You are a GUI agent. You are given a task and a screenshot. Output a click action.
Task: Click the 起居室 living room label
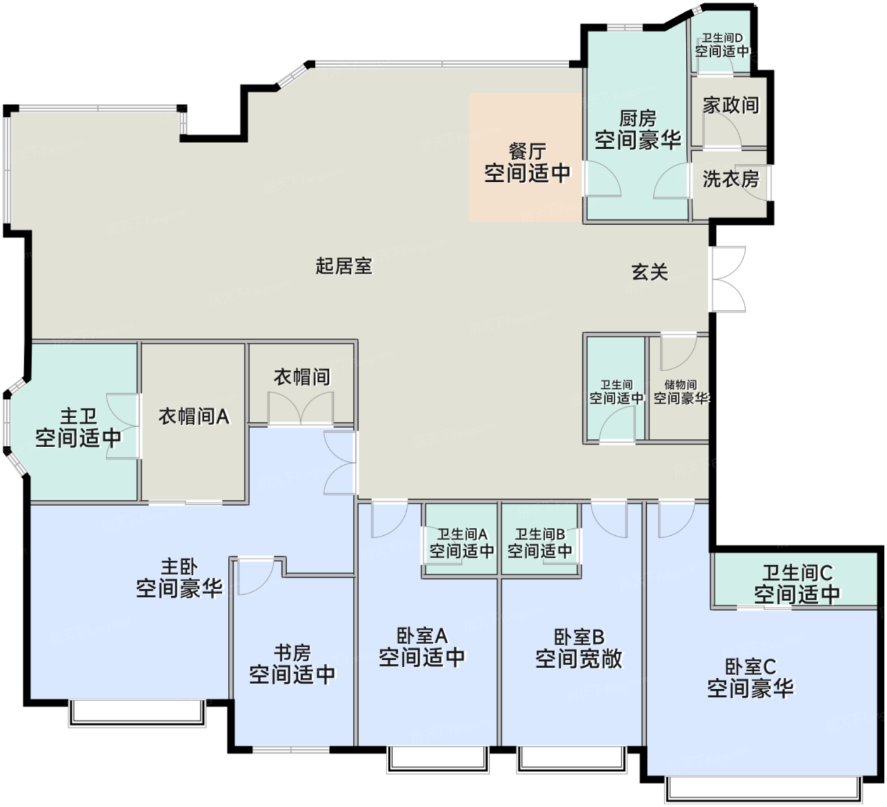[x=344, y=266]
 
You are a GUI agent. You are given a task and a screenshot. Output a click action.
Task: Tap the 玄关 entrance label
[x=649, y=272]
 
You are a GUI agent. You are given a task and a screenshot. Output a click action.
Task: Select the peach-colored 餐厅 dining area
[x=525, y=158]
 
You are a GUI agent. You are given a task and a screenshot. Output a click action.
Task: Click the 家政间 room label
[x=731, y=105]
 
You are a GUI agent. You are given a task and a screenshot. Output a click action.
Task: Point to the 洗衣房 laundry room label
[x=731, y=179]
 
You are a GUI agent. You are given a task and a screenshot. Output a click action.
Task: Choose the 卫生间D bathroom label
[x=722, y=38]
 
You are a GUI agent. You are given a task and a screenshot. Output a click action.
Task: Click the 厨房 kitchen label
[x=637, y=118]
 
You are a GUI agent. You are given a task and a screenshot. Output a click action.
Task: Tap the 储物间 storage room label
[x=680, y=384]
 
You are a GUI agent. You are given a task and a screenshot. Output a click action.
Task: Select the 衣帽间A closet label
[x=194, y=416]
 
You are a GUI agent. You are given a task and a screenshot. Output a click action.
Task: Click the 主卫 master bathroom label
[x=79, y=416]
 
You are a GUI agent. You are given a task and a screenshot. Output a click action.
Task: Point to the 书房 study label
[x=292, y=652]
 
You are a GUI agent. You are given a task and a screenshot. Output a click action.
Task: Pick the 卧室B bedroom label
[x=579, y=637]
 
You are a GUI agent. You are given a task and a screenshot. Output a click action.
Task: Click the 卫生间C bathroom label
[x=797, y=573]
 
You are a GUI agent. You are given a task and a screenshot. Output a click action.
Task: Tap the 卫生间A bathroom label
[x=462, y=534]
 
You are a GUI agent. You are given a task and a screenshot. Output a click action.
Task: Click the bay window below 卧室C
[x=763, y=790]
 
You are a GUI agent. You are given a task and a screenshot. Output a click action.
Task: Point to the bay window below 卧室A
[x=438, y=759]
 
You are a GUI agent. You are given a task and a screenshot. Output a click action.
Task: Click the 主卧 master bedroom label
[x=179, y=566]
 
